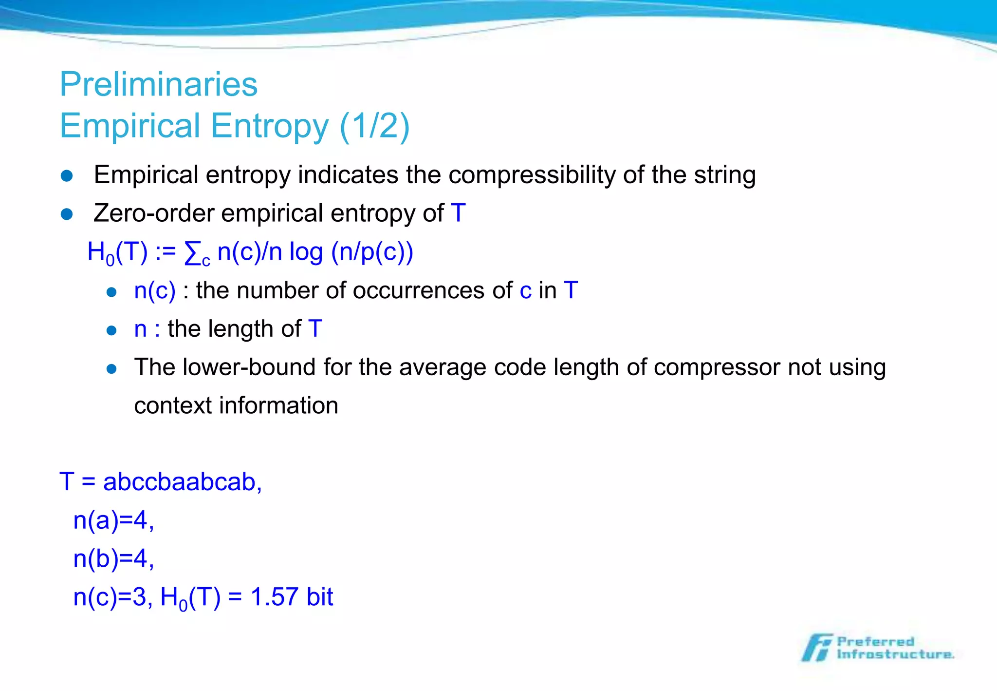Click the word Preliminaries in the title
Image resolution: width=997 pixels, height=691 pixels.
[x=158, y=85]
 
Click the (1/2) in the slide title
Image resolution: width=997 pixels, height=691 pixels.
[x=374, y=126]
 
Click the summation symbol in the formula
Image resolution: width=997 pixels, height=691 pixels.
[x=193, y=253]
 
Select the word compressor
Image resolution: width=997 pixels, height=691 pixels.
[x=717, y=367]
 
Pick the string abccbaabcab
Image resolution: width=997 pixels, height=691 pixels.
[x=180, y=482]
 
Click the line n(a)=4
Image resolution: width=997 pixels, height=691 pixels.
[x=113, y=520]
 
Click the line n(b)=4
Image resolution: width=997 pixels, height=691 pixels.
[x=113, y=558]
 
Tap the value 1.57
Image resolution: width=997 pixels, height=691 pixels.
[x=275, y=597]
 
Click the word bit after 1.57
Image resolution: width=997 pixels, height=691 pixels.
[x=320, y=597]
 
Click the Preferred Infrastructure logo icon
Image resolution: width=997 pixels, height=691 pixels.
[x=817, y=648]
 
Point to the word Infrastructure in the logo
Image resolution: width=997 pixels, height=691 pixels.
[x=895, y=654]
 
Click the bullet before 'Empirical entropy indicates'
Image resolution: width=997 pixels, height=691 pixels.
[x=67, y=176]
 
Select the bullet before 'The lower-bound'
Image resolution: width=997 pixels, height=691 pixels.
[x=111, y=369]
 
